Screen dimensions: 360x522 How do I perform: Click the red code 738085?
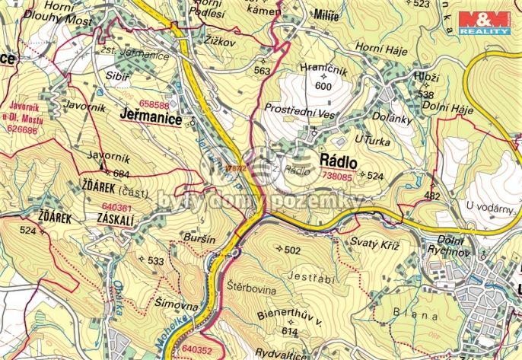pyautogui.click(x=338, y=176)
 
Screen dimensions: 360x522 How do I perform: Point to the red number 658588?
pyautogui.click(x=154, y=105)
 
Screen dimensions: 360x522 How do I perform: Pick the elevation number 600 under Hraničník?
pyautogui.click(x=323, y=86)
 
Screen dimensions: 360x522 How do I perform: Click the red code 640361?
pyautogui.click(x=116, y=206)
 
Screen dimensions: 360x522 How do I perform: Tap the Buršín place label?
pyautogui.click(x=199, y=238)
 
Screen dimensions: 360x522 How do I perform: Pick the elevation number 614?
pyautogui.click(x=289, y=332)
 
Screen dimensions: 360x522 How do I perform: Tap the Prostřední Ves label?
pyautogui.click(x=299, y=109)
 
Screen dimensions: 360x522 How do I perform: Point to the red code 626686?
pyautogui.click(x=21, y=130)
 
